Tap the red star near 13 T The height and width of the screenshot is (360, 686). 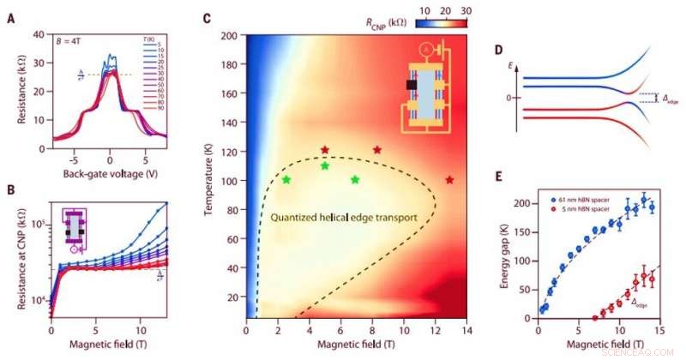coord(449,180)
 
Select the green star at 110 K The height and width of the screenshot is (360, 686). coord(324,166)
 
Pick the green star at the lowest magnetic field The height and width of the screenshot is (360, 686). coord(286,180)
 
